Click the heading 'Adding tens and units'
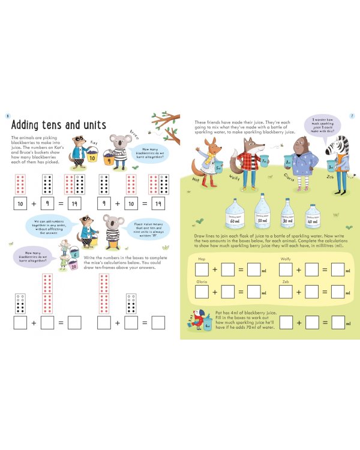pos(58,125)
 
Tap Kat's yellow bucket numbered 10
pos(92,157)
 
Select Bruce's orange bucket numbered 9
pos(109,160)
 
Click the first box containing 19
pos(74,204)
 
